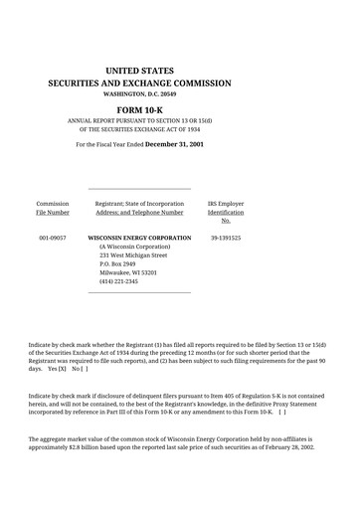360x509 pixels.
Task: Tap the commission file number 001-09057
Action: pyautogui.click(x=53, y=239)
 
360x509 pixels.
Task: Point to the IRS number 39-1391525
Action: pyautogui.click(x=226, y=239)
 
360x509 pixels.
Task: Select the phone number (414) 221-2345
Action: pyautogui.click(x=118, y=282)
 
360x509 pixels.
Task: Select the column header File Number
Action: pyautogui.click(x=53, y=212)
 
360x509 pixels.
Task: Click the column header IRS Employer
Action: pyautogui.click(x=226, y=203)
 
